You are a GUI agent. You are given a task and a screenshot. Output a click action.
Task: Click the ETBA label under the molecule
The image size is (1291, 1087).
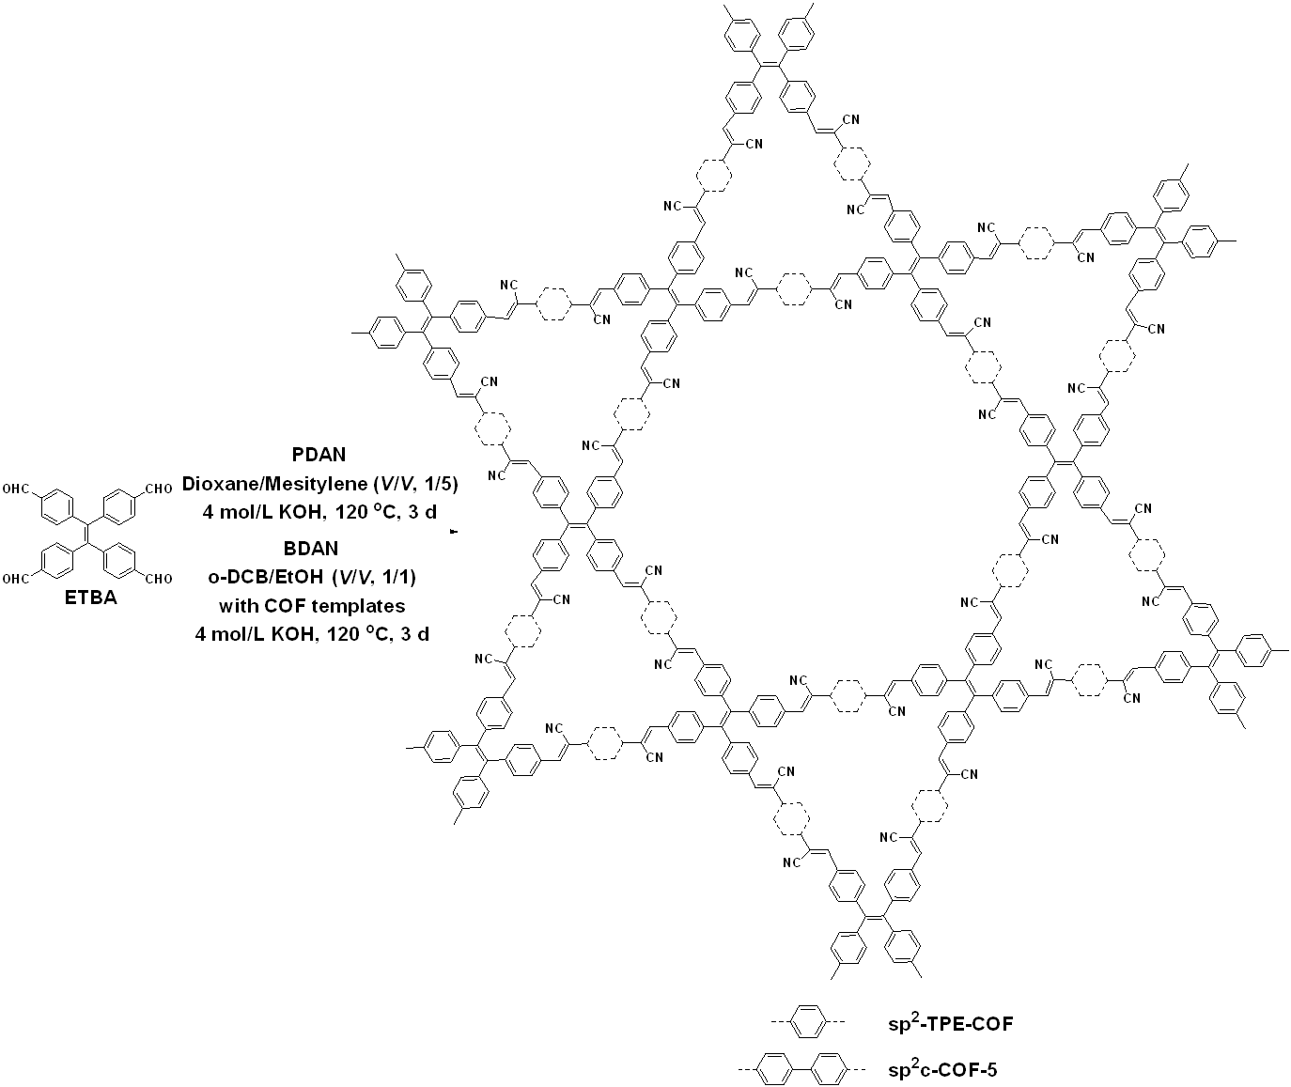[x=91, y=598]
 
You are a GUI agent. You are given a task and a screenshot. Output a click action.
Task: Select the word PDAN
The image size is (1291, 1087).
[x=319, y=455]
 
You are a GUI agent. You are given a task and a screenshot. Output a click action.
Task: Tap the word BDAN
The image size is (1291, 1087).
[x=318, y=545]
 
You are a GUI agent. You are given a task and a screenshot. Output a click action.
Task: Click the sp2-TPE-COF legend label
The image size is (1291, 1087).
[x=950, y=1023]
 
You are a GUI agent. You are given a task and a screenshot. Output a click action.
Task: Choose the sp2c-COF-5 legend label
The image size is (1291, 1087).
[x=943, y=1069]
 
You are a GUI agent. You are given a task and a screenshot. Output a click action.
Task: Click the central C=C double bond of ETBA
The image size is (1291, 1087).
[x=87, y=533]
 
